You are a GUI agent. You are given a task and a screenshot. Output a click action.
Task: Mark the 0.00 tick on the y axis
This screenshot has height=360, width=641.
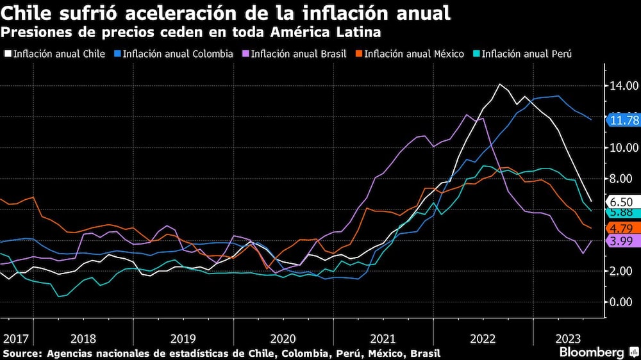click(x=623, y=302)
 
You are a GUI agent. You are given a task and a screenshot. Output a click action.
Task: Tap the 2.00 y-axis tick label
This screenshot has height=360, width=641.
click(x=623, y=271)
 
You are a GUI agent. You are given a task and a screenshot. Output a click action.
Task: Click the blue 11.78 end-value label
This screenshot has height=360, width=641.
click(x=623, y=120)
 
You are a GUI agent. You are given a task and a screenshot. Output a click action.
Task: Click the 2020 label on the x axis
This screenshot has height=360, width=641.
click(x=283, y=338)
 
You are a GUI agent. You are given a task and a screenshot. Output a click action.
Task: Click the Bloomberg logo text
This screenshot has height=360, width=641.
click(x=592, y=352)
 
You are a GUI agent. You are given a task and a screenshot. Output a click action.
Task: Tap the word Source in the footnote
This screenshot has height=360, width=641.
click(x=21, y=354)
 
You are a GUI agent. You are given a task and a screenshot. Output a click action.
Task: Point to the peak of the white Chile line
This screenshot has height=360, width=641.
click(x=499, y=85)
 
